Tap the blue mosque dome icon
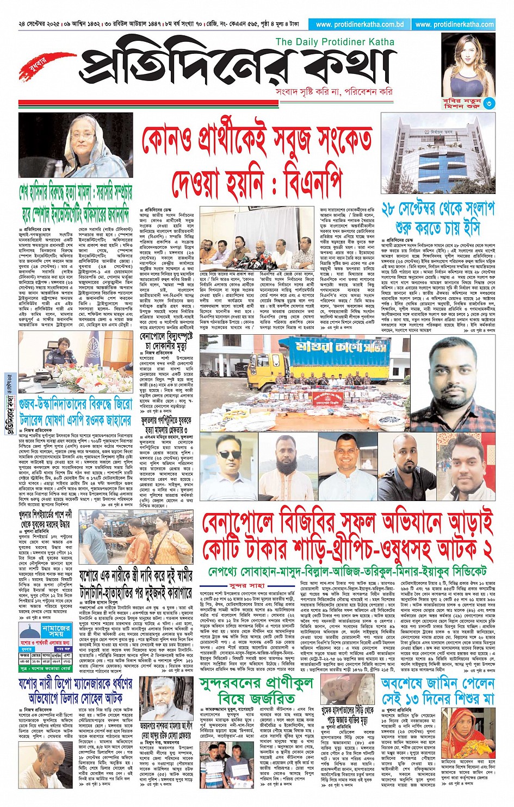[x=30, y=630]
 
